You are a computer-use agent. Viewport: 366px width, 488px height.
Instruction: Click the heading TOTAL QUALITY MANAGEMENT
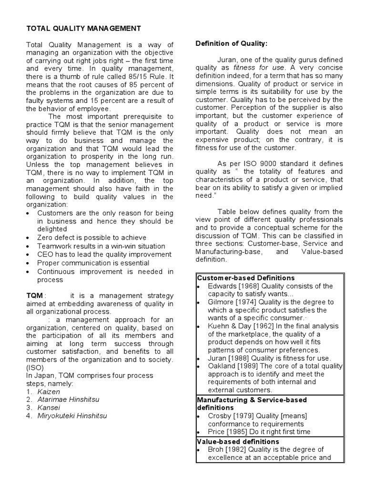83,29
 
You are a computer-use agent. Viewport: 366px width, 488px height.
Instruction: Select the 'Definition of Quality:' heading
232,44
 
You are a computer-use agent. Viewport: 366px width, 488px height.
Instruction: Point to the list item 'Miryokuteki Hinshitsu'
72,416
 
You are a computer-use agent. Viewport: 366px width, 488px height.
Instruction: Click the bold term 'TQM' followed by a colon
34,295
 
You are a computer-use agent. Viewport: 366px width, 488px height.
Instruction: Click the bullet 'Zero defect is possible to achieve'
91,237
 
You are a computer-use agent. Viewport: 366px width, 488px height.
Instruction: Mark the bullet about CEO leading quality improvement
104,254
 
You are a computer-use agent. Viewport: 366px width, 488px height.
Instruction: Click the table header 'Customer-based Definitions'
246,278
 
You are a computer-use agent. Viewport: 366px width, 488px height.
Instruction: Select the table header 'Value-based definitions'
238,441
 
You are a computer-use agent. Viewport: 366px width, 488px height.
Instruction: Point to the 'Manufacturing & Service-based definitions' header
252,404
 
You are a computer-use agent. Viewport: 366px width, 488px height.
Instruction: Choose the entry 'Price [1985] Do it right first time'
259,432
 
